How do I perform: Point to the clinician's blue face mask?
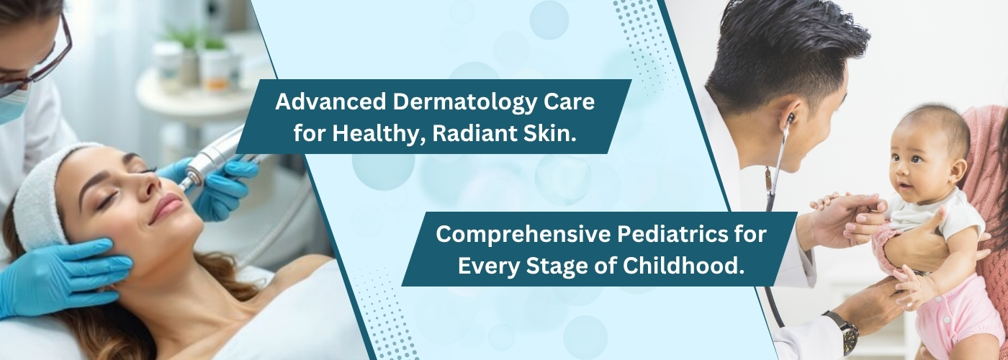[x=12, y=104]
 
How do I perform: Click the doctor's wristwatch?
[x=843, y=331]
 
